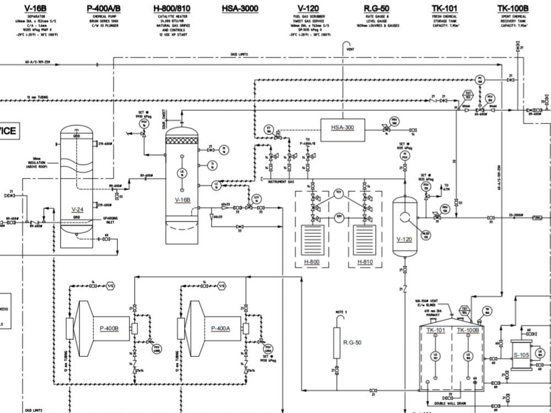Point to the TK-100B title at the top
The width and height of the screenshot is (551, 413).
click(x=512, y=8)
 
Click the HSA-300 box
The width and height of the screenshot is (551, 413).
click(x=342, y=128)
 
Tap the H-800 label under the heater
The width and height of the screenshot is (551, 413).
click(x=312, y=262)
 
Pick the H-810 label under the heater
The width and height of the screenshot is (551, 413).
click(x=365, y=262)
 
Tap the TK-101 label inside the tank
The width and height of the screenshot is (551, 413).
click(x=436, y=330)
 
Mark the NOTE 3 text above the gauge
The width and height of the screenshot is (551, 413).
click(x=341, y=312)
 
